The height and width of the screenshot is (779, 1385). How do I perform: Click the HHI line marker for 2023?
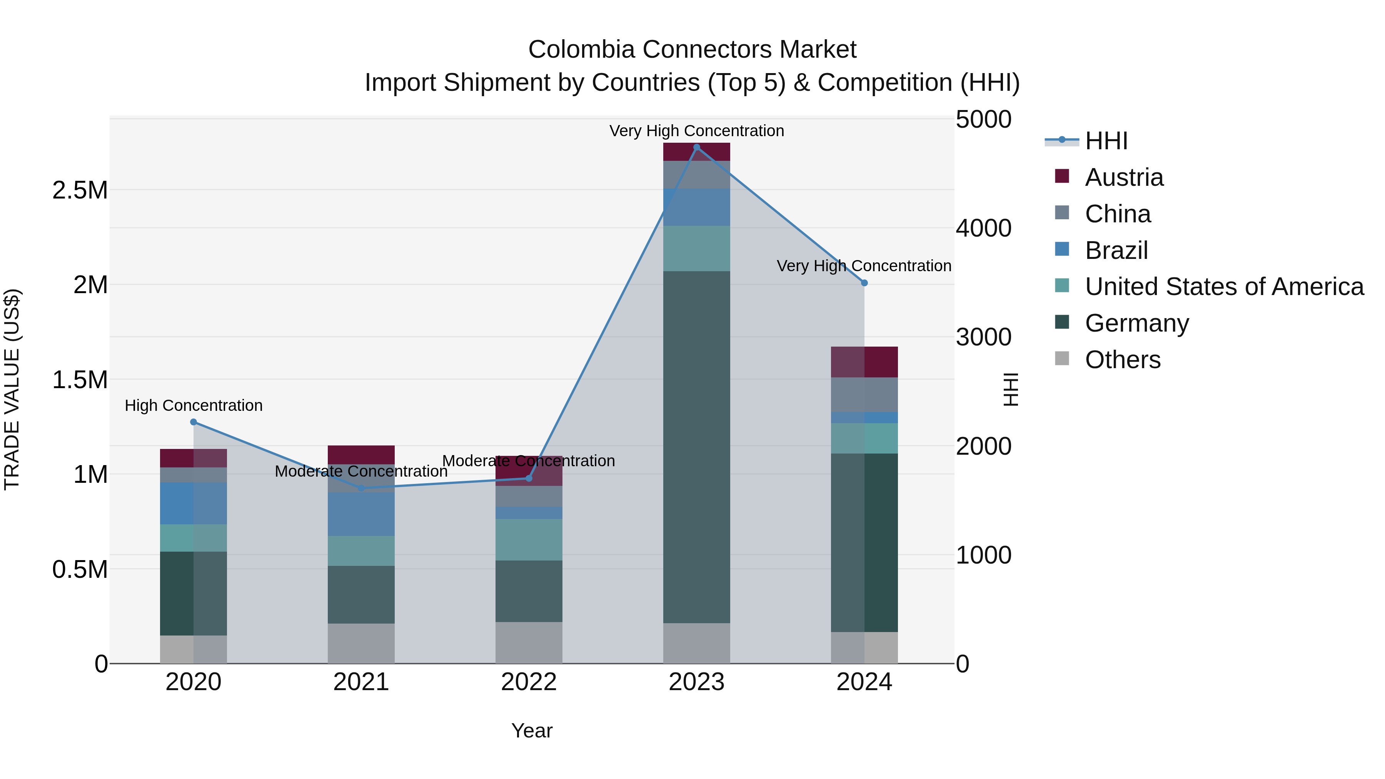696,147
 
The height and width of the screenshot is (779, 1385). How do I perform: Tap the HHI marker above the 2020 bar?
194,422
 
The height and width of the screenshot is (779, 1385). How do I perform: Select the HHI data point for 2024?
864,283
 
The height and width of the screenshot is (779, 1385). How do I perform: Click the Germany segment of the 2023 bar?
696,446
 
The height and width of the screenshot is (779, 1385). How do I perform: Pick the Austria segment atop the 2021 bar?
361,454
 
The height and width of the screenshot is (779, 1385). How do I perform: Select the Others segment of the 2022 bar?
529,642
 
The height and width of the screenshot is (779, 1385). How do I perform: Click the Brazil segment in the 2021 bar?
361,514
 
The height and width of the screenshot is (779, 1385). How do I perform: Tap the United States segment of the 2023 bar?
696,249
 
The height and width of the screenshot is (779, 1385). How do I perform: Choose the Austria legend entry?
1124,177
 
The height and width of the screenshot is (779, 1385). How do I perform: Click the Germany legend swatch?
1062,323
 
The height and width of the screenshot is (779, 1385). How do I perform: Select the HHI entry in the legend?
1106,141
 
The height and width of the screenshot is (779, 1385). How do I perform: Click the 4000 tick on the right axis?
983,229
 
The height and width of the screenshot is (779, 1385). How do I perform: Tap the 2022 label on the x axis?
529,682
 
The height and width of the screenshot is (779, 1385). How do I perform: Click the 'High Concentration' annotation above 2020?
194,405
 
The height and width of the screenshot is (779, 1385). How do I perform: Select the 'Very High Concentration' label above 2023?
696,131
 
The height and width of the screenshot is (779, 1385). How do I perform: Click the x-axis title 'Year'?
532,731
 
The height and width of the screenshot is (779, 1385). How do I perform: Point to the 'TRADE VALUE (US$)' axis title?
12,389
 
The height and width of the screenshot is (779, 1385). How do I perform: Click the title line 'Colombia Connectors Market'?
692,50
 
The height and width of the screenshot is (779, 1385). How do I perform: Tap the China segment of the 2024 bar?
864,395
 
